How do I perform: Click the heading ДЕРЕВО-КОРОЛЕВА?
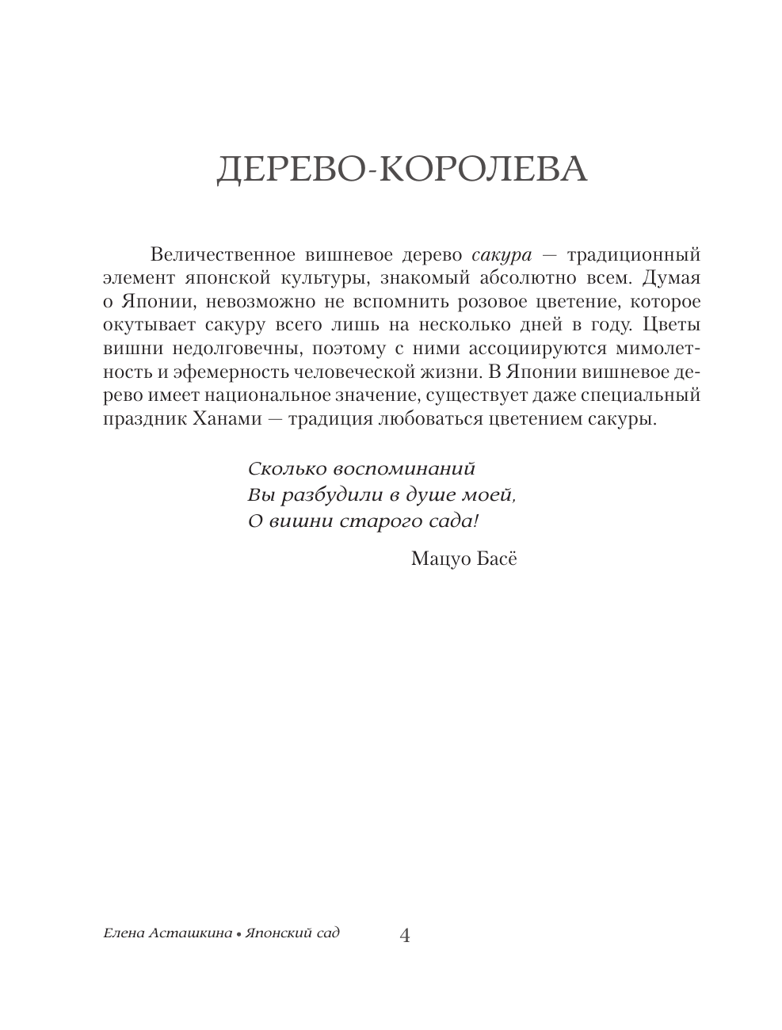point(402,169)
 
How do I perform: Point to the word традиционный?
point(634,255)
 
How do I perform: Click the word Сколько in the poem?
point(280,467)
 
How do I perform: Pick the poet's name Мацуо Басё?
point(463,559)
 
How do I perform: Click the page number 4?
point(405,936)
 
